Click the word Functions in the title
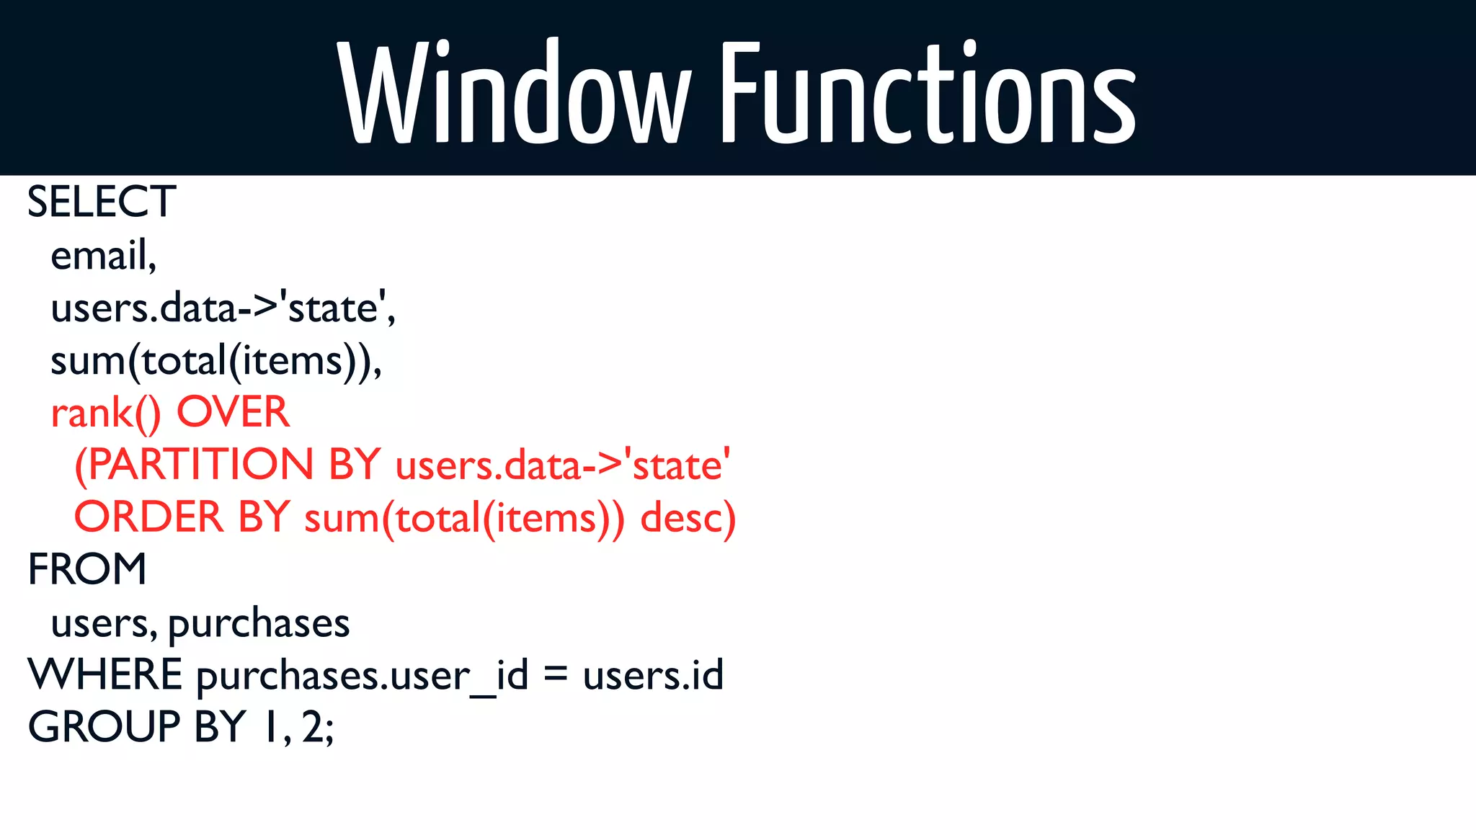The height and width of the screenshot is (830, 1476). pyautogui.click(x=928, y=92)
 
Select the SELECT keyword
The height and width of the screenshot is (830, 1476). pyautogui.click(x=102, y=202)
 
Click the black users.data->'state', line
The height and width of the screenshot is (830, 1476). pyautogui.click(x=223, y=308)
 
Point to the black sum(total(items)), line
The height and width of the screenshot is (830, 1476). pyautogui.click(x=215, y=361)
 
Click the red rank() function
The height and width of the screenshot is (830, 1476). pyautogui.click(x=105, y=414)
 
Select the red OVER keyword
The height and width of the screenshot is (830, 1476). pyautogui.click(x=233, y=412)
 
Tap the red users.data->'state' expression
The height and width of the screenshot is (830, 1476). pyautogui.click(x=563, y=465)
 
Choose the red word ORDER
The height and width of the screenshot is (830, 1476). pyautogui.click(x=149, y=517)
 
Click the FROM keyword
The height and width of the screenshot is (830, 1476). pyautogui.click(x=87, y=569)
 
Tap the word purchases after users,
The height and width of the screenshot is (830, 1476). pyautogui.click(x=259, y=624)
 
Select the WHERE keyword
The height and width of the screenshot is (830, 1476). pyautogui.click(x=105, y=675)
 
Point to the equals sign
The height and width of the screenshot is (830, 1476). pyautogui.click(x=555, y=675)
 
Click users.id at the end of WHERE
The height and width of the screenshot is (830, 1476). pyautogui.click(x=653, y=675)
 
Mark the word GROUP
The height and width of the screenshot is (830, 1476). pyautogui.click(x=104, y=727)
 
